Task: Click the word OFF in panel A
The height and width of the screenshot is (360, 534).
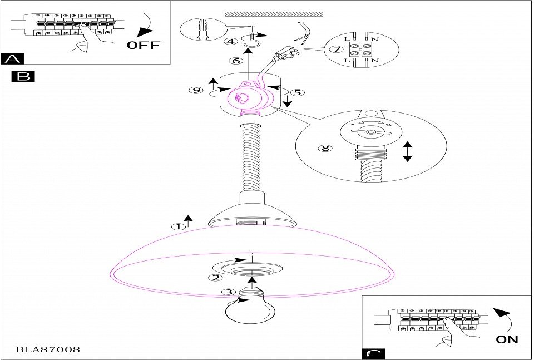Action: pos(143,45)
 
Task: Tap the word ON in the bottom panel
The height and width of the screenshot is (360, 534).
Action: pos(506,338)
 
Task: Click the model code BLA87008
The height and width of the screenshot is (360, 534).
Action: pos(48,350)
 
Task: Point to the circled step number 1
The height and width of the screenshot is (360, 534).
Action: pos(178,226)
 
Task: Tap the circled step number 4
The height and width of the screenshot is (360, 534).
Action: pos(229,41)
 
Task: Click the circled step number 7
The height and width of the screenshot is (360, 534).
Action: pos(334,50)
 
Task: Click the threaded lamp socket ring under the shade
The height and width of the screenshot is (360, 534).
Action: pos(253,270)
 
